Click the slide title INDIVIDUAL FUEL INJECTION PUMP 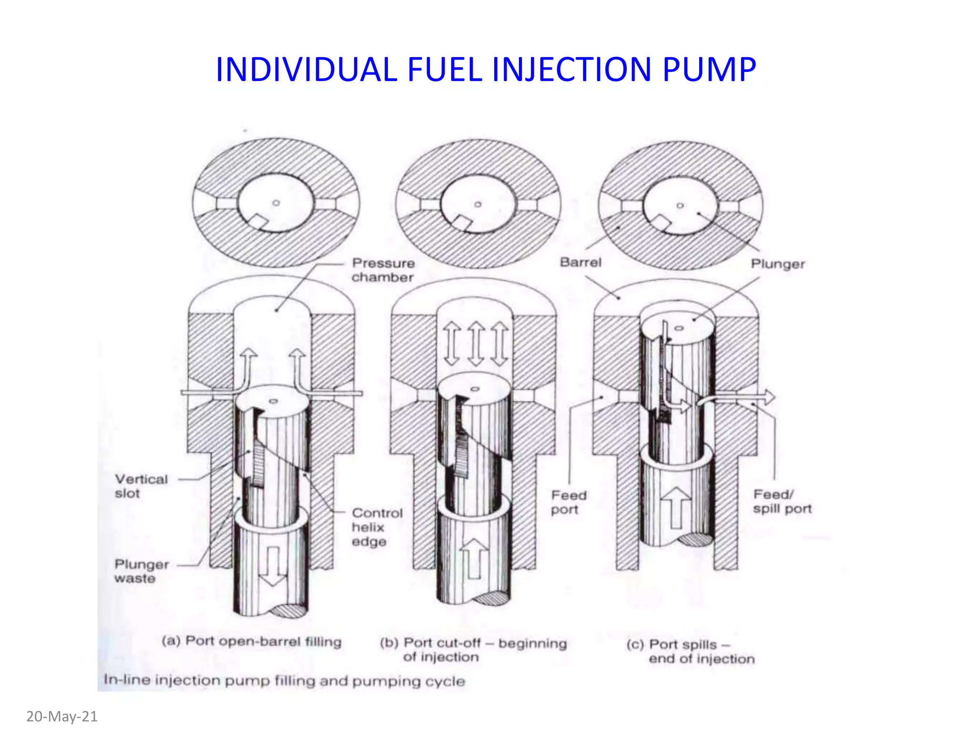click(x=486, y=70)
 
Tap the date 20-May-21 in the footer click(x=61, y=716)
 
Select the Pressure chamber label click(x=383, y=270)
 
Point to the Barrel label click(x=580, y=262)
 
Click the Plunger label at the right click(x=778, y=264)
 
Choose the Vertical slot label click(x=141, y=486)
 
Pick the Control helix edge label click(x=377, y=527)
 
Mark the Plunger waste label click(x=142, y=571)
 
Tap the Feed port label click(x=569, y=502)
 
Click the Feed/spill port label click(x=782, y=501)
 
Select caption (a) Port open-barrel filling click(x=252, y=641)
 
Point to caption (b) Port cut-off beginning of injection click(x=473, y=650)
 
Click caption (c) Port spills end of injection click(x=691, y=651)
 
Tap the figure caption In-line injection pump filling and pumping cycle click(x=284, y=681)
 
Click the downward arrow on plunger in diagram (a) click(x=273, y=567)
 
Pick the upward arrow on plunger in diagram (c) click(x=676, y=508)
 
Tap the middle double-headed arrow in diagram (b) click(x=476, y=343)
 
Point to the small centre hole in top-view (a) click(x=276, y=203)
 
